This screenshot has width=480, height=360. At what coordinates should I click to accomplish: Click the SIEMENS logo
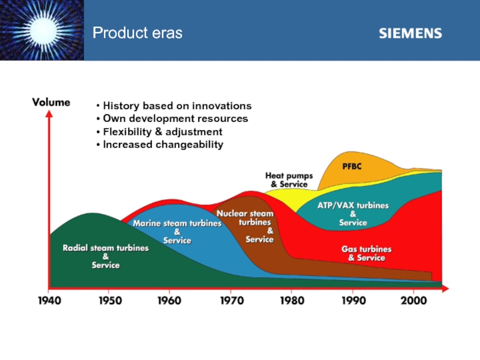coord(410,33)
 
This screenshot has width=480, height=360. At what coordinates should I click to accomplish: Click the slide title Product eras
coord(137,33)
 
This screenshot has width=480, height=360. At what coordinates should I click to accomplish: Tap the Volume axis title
coord(51,103)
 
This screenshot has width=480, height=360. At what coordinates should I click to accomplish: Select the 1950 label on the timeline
coord(109,300)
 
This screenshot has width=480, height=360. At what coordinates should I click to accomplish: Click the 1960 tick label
coord(170,300)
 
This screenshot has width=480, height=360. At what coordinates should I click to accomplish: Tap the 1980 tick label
coord(292,300)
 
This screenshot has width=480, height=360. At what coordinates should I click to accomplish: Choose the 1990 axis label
coord(353,300)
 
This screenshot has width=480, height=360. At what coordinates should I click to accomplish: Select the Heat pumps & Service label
coord(289,180)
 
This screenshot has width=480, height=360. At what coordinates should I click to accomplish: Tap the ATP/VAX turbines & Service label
coord(353,214)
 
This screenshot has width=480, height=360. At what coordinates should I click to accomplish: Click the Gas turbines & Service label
coord(367,253)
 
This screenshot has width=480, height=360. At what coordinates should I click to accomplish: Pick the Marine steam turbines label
coord(177,232)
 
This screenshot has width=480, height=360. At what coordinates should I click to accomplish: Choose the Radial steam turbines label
coord(106,256)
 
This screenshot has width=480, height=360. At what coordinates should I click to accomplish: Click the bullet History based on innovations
coord(173,106)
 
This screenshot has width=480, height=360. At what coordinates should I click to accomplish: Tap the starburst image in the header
coord(41,30)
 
